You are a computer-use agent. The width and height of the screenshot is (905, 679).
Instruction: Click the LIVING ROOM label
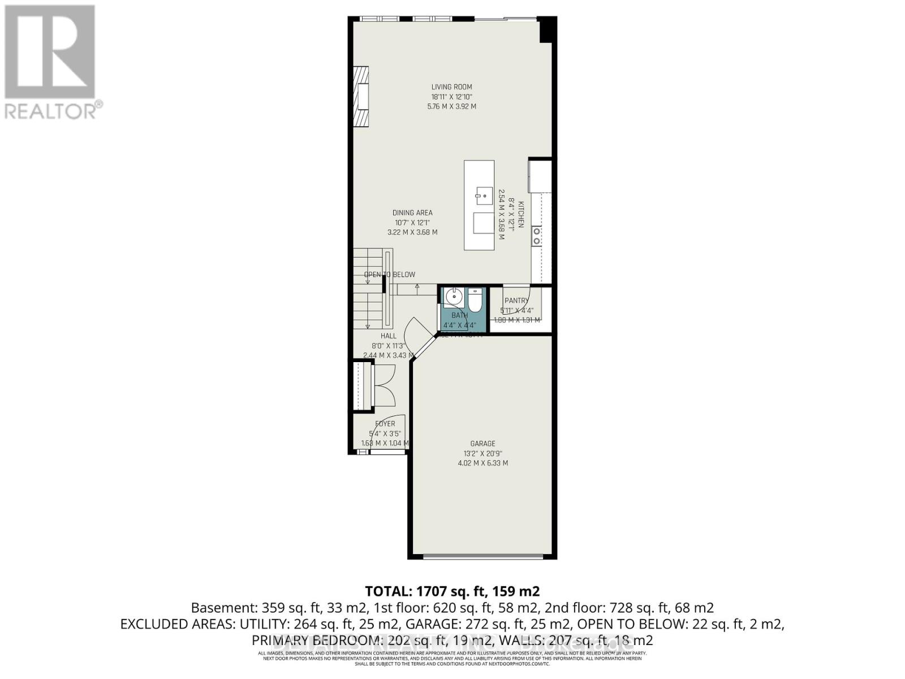coord(451,87)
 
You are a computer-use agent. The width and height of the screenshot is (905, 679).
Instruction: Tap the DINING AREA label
coord(412,213)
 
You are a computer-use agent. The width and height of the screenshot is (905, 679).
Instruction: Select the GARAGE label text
coord(482,444)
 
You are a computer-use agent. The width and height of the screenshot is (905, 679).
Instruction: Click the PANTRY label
coord(516,300)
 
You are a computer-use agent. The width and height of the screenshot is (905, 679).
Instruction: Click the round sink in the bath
coord(454,296)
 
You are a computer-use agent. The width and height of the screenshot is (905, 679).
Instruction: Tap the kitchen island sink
coord(484,195)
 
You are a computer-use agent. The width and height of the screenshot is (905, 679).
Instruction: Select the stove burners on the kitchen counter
coord(537,236)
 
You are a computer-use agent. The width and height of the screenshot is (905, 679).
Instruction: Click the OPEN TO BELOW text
coord(390,274)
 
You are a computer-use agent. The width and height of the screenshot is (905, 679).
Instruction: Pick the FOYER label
coord(385,424)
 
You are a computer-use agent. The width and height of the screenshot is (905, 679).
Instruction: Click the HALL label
coord(388,336)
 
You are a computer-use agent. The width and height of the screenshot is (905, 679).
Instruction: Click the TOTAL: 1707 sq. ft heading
coord(452,591)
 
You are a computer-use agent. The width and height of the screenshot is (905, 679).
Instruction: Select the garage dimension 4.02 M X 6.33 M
coord(482,463)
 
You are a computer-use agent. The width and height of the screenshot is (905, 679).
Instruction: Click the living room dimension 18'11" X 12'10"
coord(451,97)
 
